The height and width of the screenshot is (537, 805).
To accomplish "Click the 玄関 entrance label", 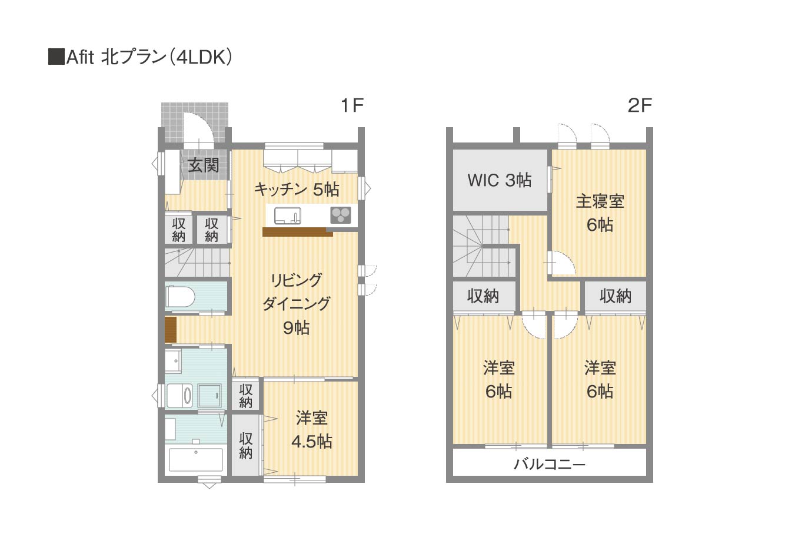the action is pyautogui.click(x=204, y=165).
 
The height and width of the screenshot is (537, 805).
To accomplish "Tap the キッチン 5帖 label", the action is pyautogui.click(x=297, y=190).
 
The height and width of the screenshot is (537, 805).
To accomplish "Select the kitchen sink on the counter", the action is pyautogui.click(x=288, y=216).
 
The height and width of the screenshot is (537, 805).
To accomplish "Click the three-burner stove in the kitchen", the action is pyautogui.click(x=341, y=216).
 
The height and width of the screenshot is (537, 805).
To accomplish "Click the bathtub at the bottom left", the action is pyautogui.click(x=196, y=459).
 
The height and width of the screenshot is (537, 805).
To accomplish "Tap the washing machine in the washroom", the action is pyautogui.click(x=179, y=395).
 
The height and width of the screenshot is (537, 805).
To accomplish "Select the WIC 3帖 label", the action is pyautogui.click(x=500, y=180).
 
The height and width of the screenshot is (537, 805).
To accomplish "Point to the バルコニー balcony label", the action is pyautogui.click(x=550, y=465).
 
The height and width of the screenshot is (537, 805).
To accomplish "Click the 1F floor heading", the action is pyautogui.click(x=352, y=105).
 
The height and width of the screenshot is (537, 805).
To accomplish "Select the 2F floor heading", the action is pyautogui.click(x=640, y=105).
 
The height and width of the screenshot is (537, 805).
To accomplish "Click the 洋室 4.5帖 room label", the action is pyautogui.click(x=311, y=430).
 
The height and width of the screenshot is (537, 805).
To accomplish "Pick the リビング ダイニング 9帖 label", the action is pyautogui.click(x=296, y=304).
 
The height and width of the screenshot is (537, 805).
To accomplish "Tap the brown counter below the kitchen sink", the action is pyautogui.click(x=298, y=232).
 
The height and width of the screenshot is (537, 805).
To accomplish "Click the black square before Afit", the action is pyautogui.click(x=56, y=57).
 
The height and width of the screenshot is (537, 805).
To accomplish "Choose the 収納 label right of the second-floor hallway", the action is pyautogui.click(x=616, y=296).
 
